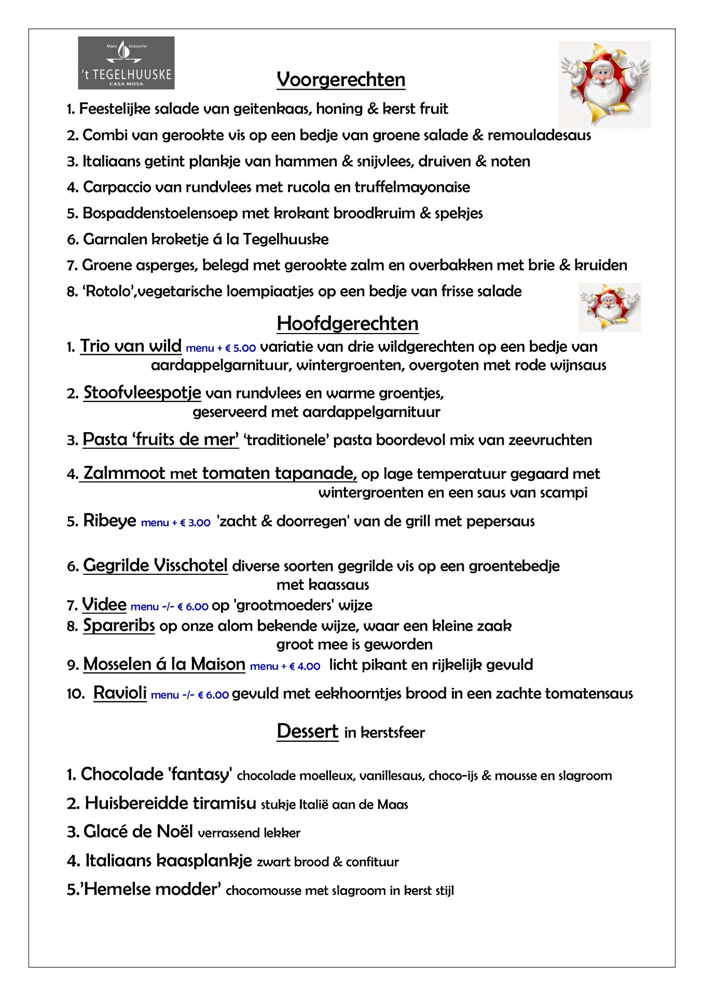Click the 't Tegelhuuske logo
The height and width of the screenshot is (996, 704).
126,63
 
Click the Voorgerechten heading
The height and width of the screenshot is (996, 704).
341,80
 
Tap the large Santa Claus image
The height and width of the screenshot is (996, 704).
604,84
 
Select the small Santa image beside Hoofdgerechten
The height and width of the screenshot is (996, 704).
610,307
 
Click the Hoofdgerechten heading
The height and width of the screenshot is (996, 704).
347,324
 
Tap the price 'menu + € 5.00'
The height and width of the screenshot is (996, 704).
220,348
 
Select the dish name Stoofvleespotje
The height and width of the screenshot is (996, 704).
142,393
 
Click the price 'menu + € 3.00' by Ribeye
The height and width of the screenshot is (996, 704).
175,522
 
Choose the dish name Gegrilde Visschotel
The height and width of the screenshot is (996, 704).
155,565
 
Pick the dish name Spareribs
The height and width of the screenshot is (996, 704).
119,626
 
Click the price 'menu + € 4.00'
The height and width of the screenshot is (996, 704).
285,666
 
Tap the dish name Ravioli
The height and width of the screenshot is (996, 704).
120,693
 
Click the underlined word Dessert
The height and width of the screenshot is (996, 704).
307,731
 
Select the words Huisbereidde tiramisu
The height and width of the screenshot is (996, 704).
170,804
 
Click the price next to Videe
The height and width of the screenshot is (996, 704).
169,606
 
